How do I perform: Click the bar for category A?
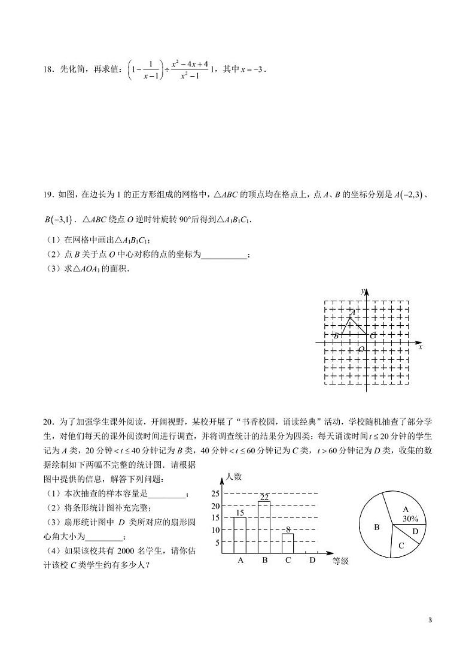pos(240,535)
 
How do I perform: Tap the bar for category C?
pos(288,544)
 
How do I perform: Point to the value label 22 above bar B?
pos(264,497)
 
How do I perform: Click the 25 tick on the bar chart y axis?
pos(216,494)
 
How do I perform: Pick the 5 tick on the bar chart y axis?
pos(218,543)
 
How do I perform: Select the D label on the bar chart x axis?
pos(312,561)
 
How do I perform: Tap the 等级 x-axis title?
pos(341,561)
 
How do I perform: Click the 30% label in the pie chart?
pos(410,518)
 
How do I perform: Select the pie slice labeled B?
pos(377,527)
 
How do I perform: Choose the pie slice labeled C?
pos(401,546)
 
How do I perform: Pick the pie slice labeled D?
pos(415,531)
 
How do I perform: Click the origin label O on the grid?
pos(361,349)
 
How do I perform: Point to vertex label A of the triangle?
pos(353,312)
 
